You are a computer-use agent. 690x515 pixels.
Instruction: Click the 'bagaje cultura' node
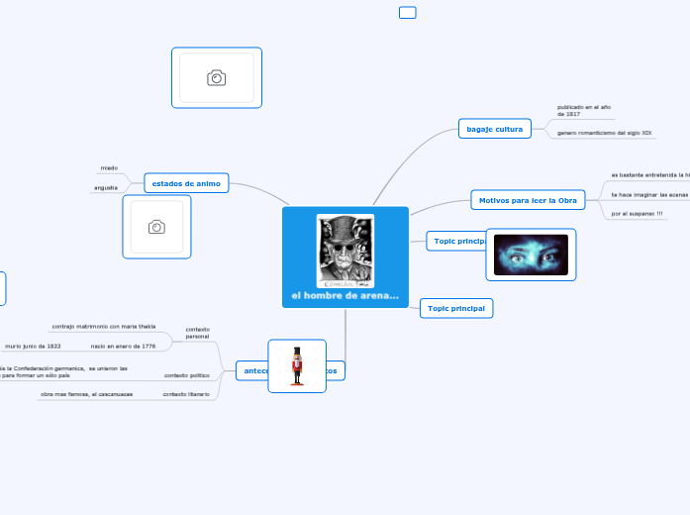[x=495, y=129]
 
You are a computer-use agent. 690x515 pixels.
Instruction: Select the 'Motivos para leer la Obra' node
[x=527, y=200]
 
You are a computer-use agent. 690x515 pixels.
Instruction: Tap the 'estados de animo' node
[x=186, y=183]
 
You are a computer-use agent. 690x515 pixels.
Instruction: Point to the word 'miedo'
[x=109, y=168]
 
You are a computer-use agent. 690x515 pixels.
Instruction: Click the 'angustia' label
[x=106, y=187]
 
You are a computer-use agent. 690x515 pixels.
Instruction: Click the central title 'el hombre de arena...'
[x=345, y=296]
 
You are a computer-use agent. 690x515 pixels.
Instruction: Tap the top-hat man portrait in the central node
[x=345, y=252]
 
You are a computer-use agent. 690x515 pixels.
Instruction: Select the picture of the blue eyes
[x=531, y=255]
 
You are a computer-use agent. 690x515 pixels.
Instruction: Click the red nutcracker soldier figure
[x=297, y=365]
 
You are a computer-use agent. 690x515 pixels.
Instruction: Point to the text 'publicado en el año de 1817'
[x=583, y=110]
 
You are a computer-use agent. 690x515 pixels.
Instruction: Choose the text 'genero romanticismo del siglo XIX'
[x=604, y=132]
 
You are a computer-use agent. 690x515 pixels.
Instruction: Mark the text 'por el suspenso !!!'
[x=637, y=213]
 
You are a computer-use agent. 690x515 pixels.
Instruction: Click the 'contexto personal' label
[x=197, y=332]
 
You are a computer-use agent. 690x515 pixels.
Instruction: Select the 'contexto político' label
[x=186, y=375]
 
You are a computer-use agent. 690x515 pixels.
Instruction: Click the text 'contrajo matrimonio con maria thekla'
[x=103, y=326]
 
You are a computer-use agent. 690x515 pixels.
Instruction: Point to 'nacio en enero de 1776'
[x=123, y=346]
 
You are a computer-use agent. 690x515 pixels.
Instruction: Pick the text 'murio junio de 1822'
[x=33, y=346]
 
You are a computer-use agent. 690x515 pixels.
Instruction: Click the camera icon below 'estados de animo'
[x=156, y=227]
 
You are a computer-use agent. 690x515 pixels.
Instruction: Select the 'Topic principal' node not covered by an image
[x=456, y=308]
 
